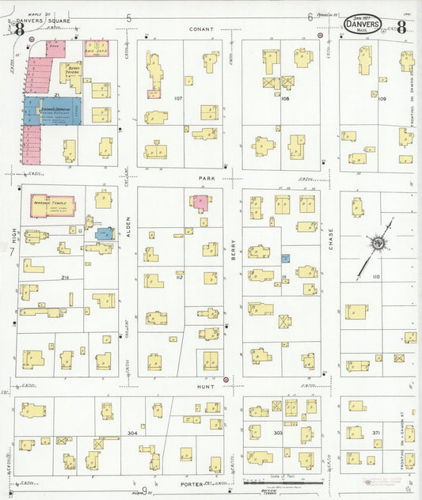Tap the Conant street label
(x=197, y=28)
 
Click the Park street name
(x=207, y=179)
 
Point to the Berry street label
(x=234, y=252)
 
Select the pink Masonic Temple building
(x=52, y=205)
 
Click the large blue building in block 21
(x=51, y=111)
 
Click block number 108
(x=285, y=99)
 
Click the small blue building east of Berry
(x=285, y=258)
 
